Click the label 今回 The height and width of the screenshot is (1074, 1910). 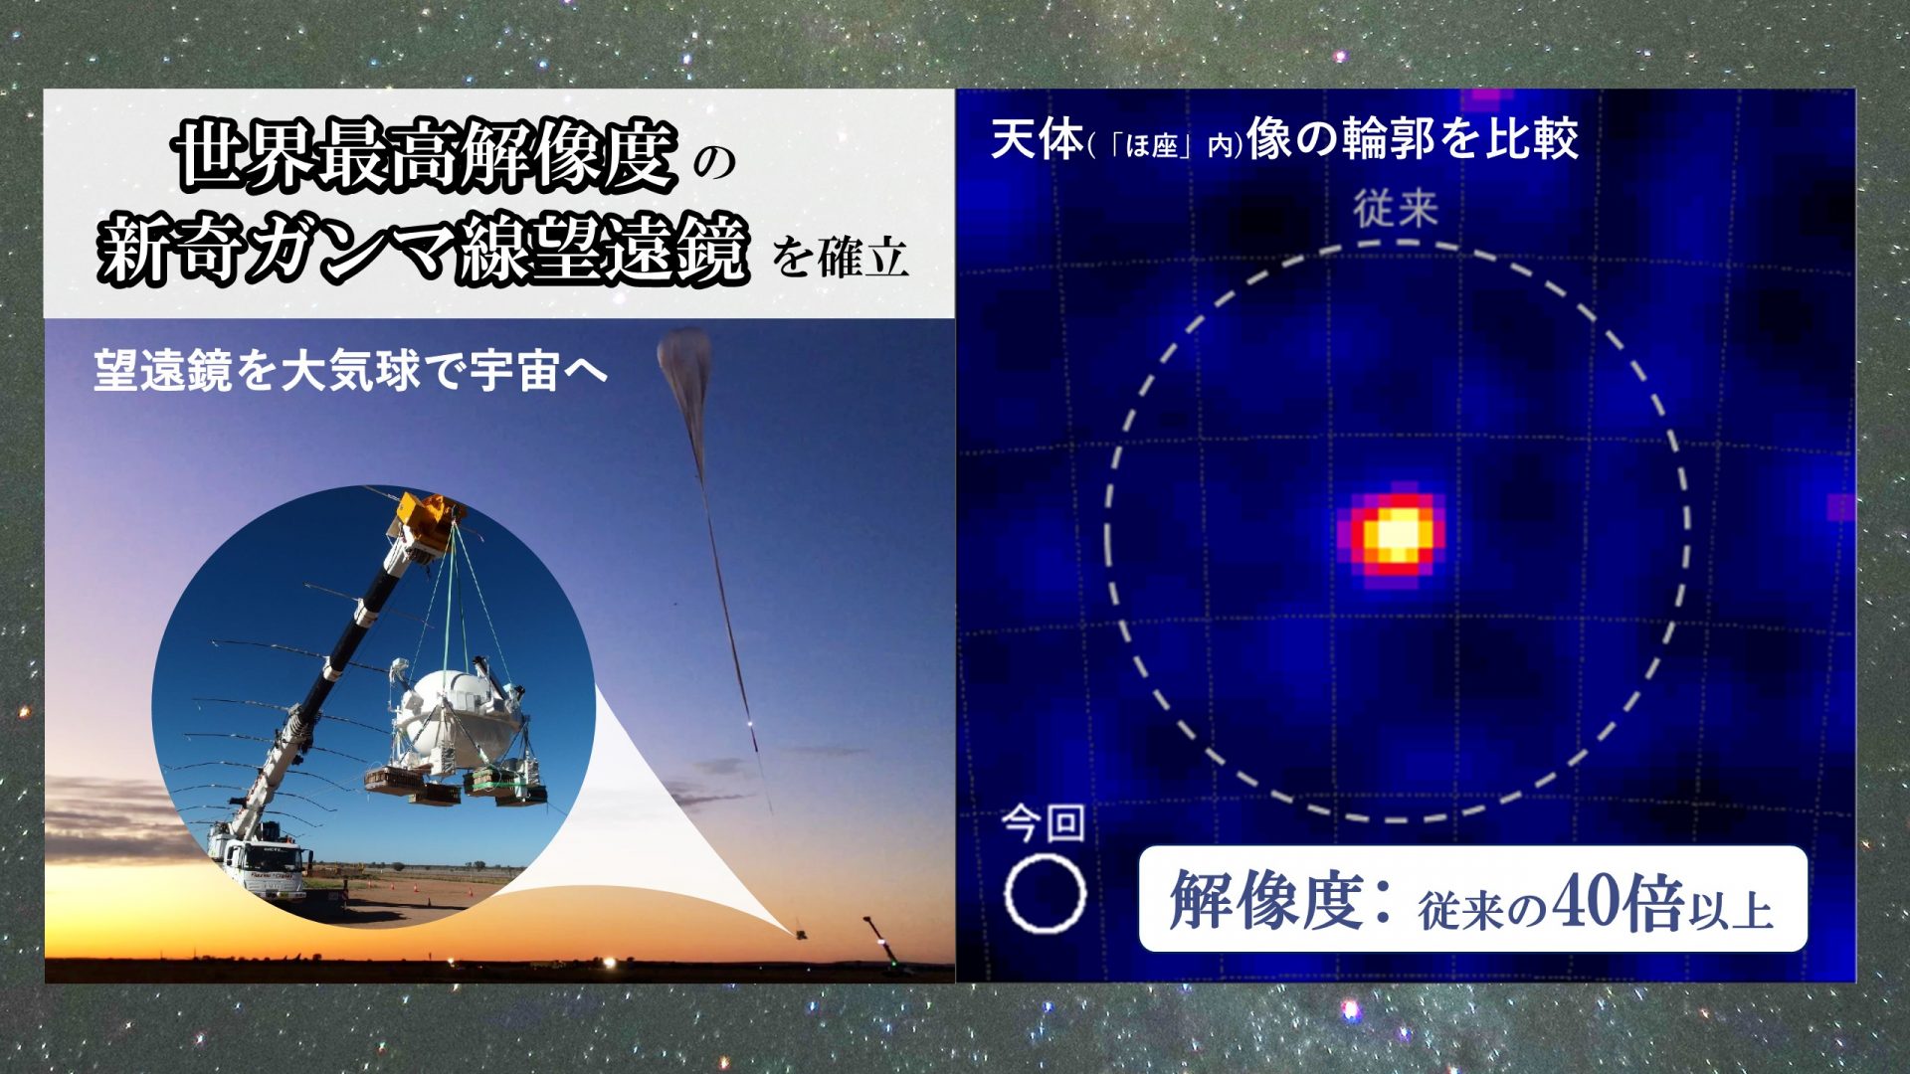tap(1043, 823)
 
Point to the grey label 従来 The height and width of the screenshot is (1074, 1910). tap(1396, 209)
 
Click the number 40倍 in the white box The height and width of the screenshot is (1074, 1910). tap(1618, 901)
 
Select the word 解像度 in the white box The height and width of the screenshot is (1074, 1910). tap(1265, 899)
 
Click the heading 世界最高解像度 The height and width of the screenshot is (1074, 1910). tap(426, 155)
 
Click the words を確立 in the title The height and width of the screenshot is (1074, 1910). tap(841, 258)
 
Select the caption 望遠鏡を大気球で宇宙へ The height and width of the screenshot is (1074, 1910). tap(350, 371)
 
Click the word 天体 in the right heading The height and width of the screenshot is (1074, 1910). tap(1037, 138)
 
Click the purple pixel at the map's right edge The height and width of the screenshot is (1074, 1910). tap(1841, 507)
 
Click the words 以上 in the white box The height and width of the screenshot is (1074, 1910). tap(1730, 909)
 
